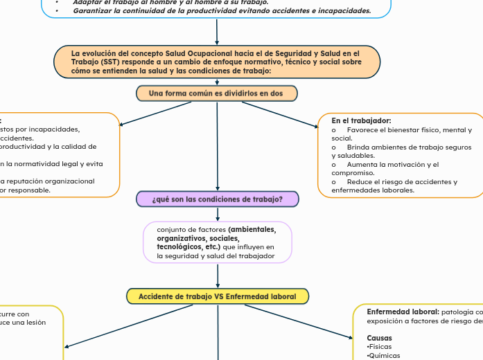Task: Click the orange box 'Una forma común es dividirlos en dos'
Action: (216, 93)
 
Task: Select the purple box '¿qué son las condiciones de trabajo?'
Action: (218, 199)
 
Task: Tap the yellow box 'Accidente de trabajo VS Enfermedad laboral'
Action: (217, 296)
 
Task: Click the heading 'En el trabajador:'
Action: (361, 120)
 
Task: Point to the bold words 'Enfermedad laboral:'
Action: (403, 312)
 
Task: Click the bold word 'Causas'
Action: (379, 338)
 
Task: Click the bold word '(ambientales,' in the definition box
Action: (252, 229)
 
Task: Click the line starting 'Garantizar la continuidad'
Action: (222, 11)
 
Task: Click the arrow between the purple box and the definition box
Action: (218, 214)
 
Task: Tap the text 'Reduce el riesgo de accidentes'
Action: (402, 182)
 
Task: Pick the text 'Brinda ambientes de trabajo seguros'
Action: (409, 147)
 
